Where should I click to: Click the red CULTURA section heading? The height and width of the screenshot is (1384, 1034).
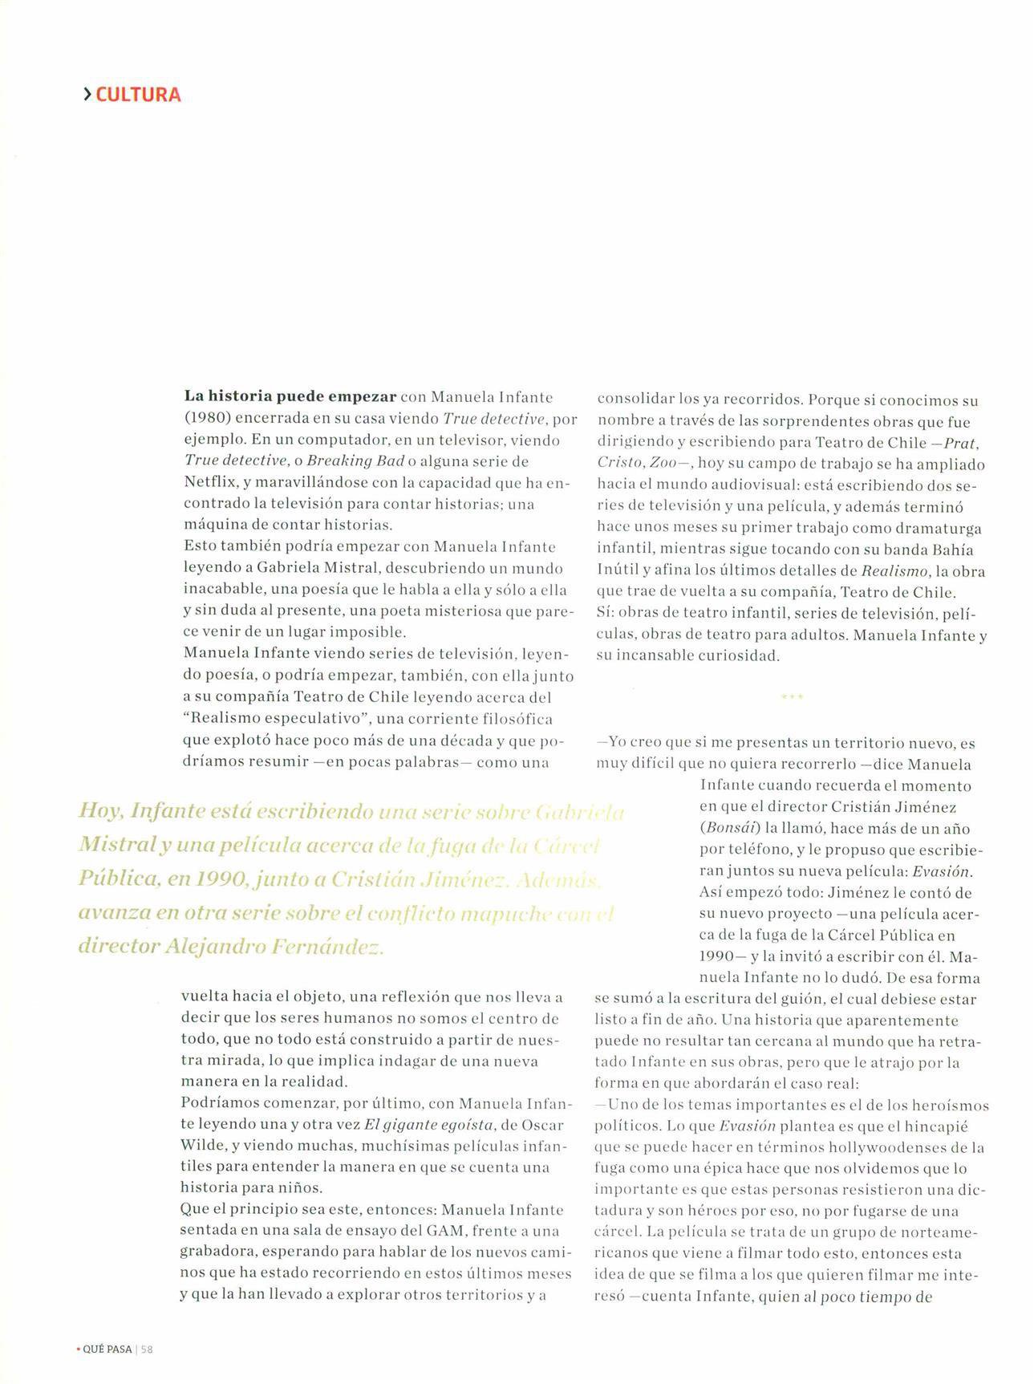138,95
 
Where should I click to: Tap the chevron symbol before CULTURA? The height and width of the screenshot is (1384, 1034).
87,95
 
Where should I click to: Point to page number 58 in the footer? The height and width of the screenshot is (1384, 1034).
147,1350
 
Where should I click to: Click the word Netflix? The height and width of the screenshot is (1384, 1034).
209,483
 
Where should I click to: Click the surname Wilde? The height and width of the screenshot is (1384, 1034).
204,1145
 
